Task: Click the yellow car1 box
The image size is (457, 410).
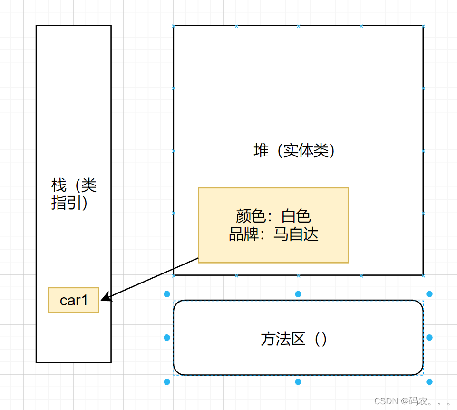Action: point(74,300)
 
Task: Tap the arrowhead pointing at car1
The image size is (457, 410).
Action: point(106,299)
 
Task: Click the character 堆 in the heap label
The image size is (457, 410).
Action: point(261,151)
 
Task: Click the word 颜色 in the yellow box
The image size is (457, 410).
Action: point(250,216)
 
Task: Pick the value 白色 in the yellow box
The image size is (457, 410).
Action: point(296,216)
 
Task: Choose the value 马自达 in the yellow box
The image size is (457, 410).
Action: point(296,234)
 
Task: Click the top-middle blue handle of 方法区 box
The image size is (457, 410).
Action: point(298,294)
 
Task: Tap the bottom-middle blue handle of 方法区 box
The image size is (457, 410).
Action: point(298,381)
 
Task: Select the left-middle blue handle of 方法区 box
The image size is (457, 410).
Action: point(167,338)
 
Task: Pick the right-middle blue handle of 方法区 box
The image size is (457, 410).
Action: point(429,338)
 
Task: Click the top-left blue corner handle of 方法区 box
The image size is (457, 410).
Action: point(167,294)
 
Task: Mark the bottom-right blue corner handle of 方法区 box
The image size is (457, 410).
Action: point(429,381)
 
